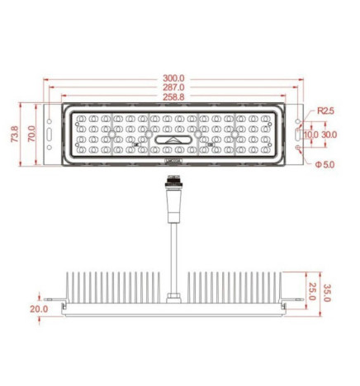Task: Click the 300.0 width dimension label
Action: tap(174, 78)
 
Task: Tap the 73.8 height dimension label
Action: tap(16, 134)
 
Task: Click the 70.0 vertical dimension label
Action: tap(31, 134)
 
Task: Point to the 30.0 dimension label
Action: tap(329, 134)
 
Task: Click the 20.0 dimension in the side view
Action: tap(39, 309)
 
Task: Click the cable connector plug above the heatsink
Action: tap(174, 207)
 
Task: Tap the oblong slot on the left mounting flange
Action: tap(51, 134)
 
